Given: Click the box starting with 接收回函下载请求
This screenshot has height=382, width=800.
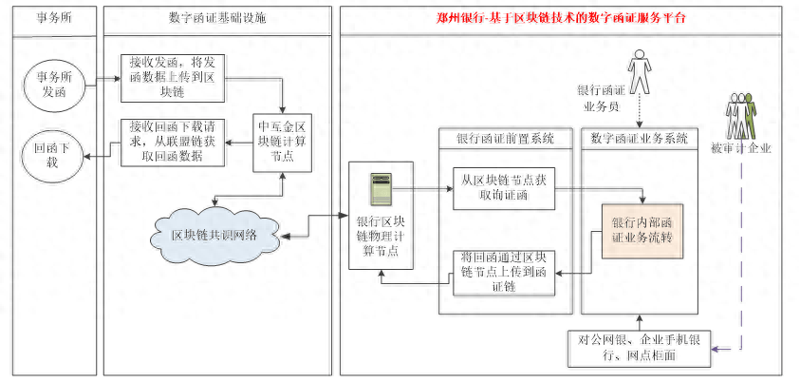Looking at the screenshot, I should (x=172, y=142).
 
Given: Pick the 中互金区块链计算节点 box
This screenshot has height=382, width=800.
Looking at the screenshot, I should (x=283, y=141).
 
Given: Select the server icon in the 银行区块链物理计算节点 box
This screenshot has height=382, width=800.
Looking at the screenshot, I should (x=383, y=190).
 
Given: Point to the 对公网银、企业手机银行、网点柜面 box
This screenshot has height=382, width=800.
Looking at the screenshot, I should (x=640, y=346).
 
